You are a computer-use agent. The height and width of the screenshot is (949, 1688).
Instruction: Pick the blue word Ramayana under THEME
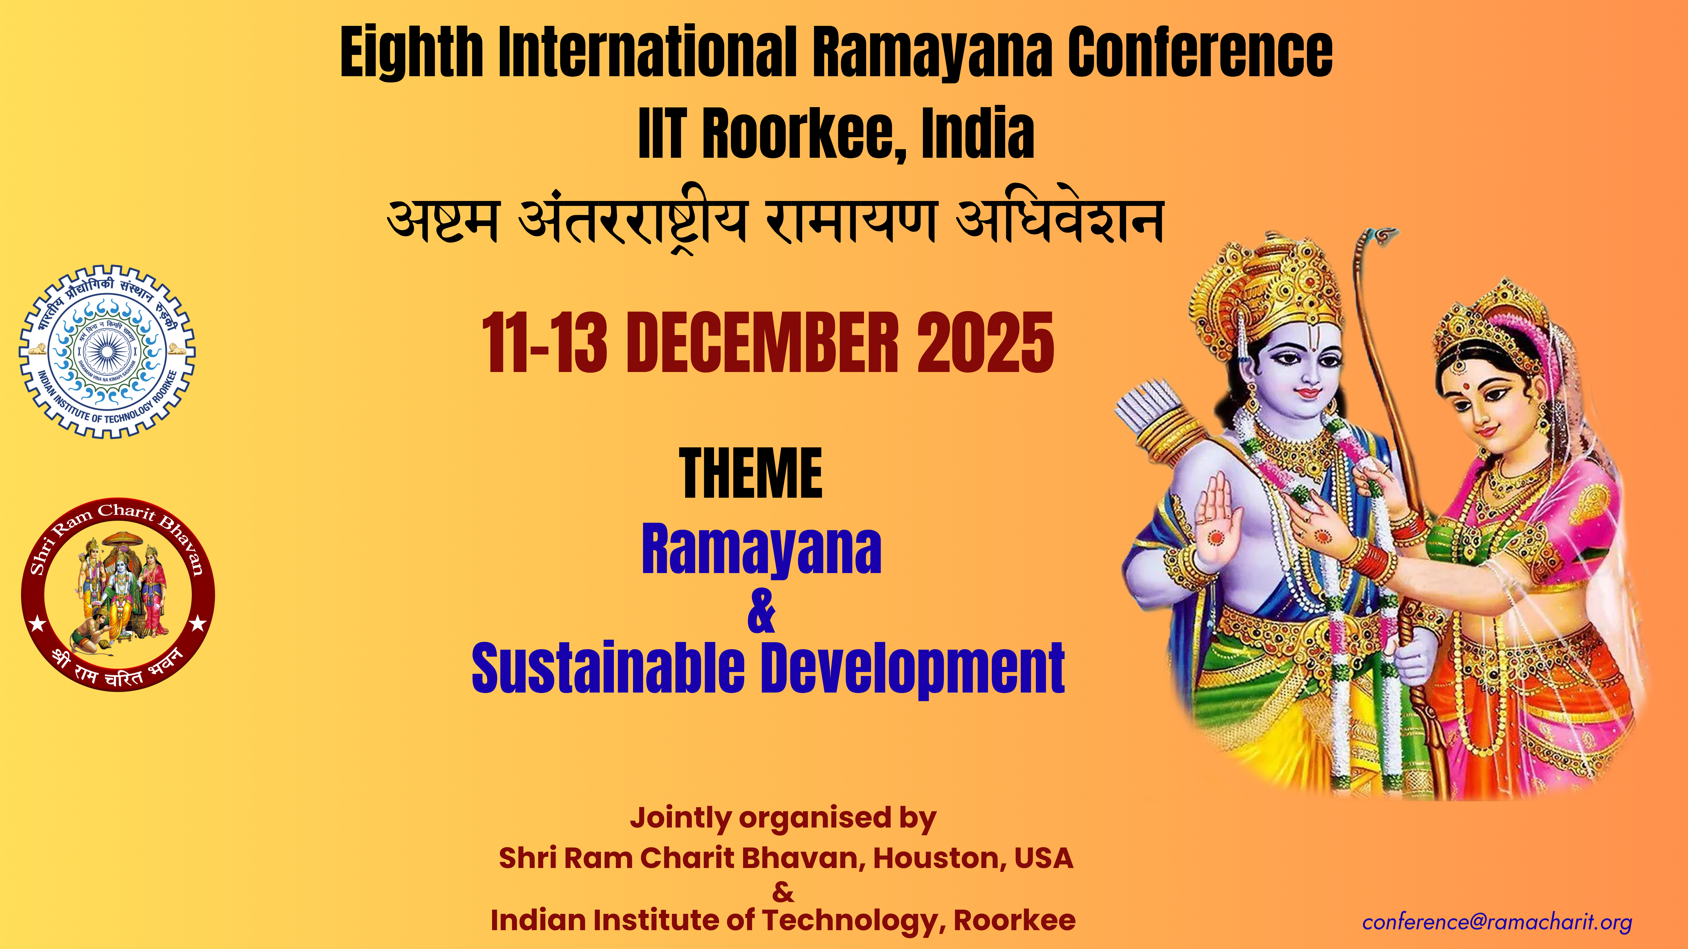click(762, 550)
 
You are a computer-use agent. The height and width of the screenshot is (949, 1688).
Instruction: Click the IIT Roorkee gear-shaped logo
click(107, 352)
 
